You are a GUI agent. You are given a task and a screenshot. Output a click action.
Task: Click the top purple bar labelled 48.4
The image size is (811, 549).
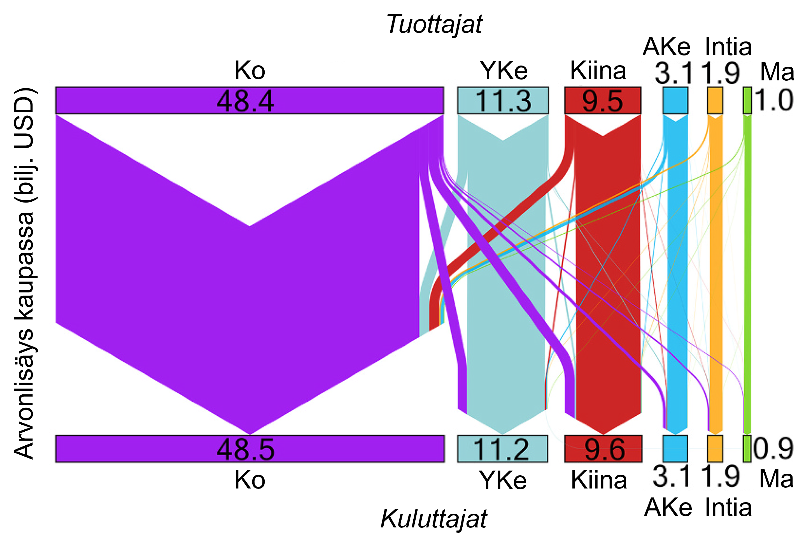250,101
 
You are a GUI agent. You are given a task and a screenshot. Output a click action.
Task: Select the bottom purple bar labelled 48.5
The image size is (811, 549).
250,449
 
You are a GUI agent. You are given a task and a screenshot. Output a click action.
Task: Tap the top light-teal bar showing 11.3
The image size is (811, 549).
502,101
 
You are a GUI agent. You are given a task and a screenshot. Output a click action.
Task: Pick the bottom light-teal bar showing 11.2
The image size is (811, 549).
502,449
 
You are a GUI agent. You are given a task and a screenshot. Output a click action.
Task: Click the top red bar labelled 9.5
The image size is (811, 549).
603,101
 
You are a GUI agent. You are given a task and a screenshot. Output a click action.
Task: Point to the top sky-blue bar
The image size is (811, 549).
675,101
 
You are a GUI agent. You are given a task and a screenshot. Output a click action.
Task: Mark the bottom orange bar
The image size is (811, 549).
715,449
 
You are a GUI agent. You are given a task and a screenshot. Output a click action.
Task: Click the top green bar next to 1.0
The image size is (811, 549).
747,101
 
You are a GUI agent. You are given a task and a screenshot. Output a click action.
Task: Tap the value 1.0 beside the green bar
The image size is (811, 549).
774,101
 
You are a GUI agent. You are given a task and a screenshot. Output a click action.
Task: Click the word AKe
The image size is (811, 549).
668,508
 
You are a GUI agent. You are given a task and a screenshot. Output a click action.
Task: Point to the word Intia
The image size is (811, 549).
728,508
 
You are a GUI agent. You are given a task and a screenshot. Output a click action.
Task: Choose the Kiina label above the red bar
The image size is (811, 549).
598,71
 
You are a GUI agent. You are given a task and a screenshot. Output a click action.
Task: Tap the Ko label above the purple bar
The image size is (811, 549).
250,71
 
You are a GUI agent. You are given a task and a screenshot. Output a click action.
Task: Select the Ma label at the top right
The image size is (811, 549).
777,72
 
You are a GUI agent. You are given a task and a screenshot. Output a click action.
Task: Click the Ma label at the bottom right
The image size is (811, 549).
777,478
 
